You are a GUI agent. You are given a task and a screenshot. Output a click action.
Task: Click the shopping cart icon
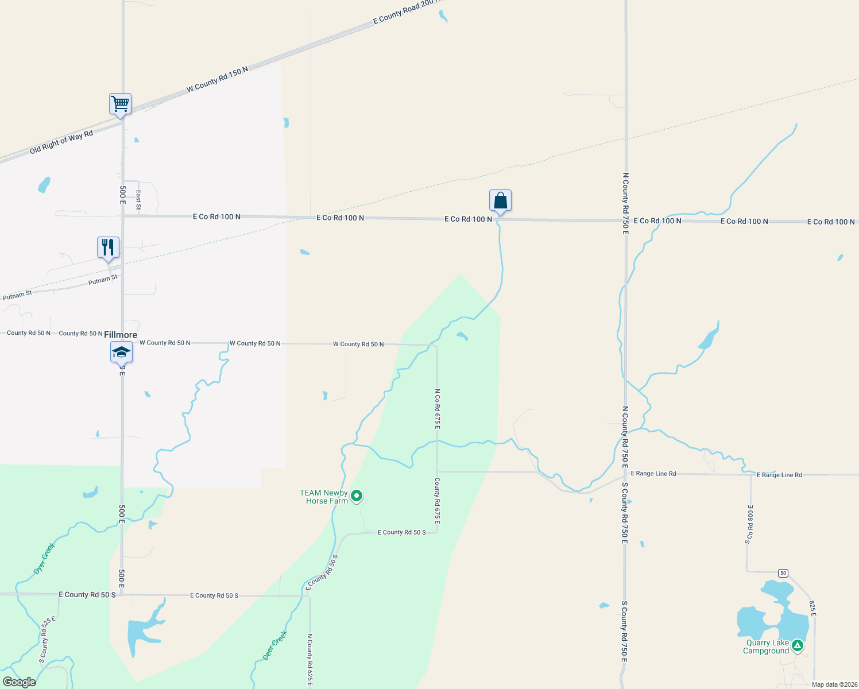coord(121,104)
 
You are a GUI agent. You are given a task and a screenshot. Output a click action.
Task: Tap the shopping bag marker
coord(500,200)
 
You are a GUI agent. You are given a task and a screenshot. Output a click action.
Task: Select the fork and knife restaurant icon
coord(108,247)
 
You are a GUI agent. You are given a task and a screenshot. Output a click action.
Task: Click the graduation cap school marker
coord(121,352)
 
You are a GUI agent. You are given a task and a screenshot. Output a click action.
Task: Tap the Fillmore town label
coord(121,335)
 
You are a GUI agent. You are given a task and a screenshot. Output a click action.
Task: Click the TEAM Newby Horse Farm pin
coord(357,496)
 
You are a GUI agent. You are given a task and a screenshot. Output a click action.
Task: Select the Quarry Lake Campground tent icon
coord(797,646)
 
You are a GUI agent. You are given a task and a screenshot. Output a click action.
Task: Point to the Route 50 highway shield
coord(783,573)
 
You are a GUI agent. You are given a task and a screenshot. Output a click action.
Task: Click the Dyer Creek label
coord(44,558)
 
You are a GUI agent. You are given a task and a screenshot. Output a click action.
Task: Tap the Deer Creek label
coord(275,645)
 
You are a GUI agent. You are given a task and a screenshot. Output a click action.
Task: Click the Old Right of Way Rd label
coord(61,142)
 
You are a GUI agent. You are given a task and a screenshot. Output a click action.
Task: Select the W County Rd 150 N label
coord(217,80)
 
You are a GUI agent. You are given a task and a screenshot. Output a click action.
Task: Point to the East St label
coord(138,200)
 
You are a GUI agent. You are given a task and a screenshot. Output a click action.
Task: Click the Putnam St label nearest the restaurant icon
coord(103,280)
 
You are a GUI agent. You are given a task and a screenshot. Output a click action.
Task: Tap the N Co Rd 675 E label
coord(437,409)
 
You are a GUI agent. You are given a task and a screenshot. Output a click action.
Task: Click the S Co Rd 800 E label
coord(749,524)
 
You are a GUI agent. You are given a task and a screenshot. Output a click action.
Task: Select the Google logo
coord(20,682)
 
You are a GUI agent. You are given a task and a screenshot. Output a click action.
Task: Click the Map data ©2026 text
coord(834,684)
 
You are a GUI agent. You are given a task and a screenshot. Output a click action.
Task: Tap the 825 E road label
coord(812,609)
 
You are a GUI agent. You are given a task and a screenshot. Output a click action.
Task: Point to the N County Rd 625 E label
coord(309,660)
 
